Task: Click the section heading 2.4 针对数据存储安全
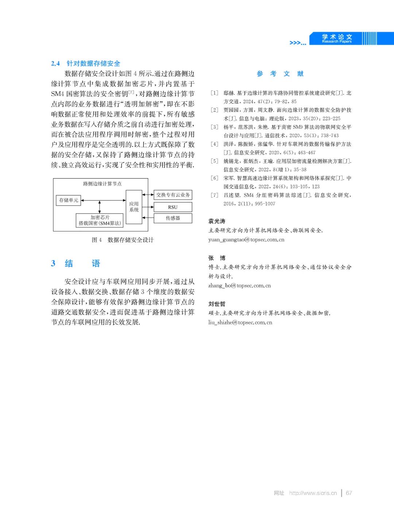tap(86, 63)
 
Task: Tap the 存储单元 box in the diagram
tap(69, 200)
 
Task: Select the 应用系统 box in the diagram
tap(134, 207)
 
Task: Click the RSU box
tap(173, 207)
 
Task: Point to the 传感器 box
tap(173, 218)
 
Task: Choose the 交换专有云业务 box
tap(173, 195)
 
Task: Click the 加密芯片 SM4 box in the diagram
tap(100, 220)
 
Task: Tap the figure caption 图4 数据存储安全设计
tap(123, 240)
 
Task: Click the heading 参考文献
tap(280, 74)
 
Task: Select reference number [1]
tap(214, 93)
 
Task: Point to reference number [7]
tap(214, 195)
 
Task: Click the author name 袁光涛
tap(217, 221)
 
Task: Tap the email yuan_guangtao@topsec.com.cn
tap(246, 239)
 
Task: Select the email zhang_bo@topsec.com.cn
tap(239, 285)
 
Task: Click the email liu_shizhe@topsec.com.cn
tap(240, 322)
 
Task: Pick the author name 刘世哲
tap(217, 304)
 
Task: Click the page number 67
tap(349, 493)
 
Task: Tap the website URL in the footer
tap(313, 493)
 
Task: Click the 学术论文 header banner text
tap(337, 38)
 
